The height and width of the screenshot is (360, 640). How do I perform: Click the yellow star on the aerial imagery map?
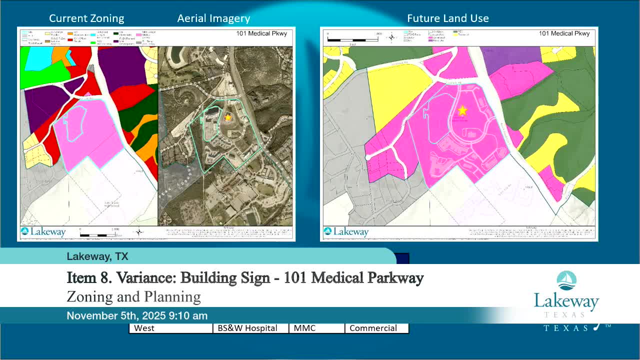pos(228,117)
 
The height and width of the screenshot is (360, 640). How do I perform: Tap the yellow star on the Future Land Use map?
pos(462,110)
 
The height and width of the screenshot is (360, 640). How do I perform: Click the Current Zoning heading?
pos(86,18)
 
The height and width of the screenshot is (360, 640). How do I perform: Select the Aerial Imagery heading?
pos(213,18)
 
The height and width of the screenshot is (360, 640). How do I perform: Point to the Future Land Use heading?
pos(448,18)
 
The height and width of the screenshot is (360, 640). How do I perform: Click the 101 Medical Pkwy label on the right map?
pos(564,33)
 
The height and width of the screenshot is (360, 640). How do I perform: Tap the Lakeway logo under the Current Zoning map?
pos(43,231)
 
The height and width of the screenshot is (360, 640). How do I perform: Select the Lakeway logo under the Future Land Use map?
pos(346,231)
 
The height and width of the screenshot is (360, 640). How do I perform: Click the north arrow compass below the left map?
pos(139,231)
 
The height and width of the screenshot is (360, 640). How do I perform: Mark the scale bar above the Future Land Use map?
pos(355,38)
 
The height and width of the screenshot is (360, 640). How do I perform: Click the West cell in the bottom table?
pos(171,328)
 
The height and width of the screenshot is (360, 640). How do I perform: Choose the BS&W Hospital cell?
pos(251,328)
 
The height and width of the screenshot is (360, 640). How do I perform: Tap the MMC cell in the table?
pos(316,328)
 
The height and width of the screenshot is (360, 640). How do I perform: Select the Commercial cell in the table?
pos(376,328)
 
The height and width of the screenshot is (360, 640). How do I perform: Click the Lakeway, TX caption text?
pos(97,256)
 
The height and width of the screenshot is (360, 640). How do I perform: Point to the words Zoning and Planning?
pos(134,296)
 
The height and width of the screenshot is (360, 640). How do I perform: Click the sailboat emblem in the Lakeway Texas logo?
pos(566,280)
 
